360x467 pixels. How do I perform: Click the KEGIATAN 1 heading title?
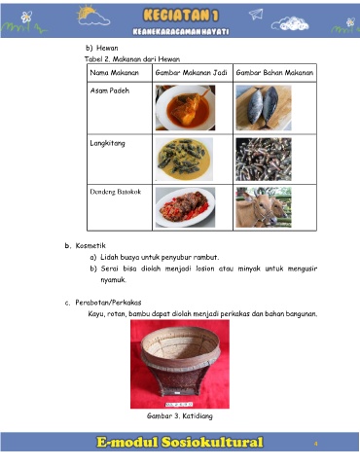tap(181, 16)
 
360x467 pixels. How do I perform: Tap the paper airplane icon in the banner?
tap(256, 14)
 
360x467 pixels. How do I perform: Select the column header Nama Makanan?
tap(114, 73)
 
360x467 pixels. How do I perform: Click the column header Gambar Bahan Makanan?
tap(274, 73)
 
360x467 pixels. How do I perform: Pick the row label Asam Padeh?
tap(110, 90)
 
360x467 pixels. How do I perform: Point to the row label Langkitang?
tap(107, 143)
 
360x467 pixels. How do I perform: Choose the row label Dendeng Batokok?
tap(116, 192)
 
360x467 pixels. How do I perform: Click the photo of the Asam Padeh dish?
tap(185, 108)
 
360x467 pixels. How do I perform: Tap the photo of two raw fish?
tap(264, 108)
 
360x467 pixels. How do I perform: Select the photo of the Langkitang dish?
tap(184, 160)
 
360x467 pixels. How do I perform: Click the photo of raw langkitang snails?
tap(264, 160)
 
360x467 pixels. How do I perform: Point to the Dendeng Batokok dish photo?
tap(185, 207)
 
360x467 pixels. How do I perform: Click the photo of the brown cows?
tap(264, 207)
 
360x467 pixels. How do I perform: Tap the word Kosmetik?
tap(90, 246)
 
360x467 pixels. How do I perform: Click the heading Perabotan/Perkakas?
tap(108, 303)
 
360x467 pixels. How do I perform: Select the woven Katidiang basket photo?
tap(180, 364)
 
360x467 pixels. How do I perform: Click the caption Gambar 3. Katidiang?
tap(180, 416)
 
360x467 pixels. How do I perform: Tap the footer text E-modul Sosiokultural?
tap(180, 443)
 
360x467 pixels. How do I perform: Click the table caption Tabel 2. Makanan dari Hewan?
tap(132, 59)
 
